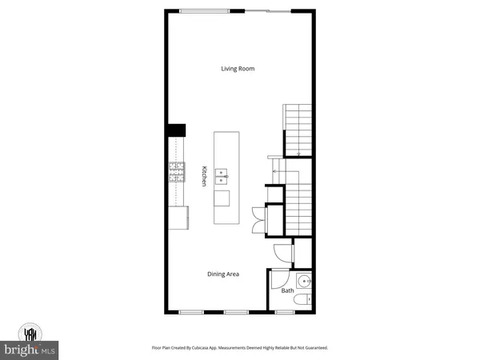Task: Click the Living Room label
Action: tap(238, 69)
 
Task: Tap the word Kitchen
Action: tap(204, 176)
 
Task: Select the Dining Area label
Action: tap(223, 274)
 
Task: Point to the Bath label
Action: tap(286, 290)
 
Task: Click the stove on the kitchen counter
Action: tap(176, 172)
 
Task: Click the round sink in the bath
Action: tap(303, 281)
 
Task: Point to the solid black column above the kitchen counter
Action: tap(176, 130)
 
